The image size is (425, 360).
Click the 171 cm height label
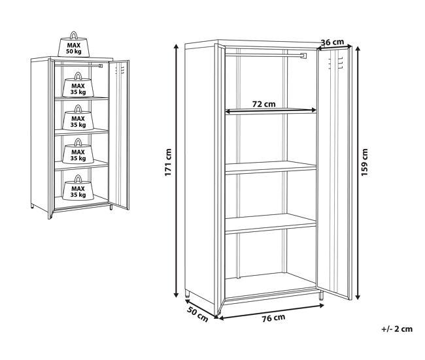(168, 162)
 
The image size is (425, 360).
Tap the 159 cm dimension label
(365, 162)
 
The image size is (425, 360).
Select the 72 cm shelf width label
(263, 104)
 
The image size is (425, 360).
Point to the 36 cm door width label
(332, 42)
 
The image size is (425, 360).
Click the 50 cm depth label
(197, 314)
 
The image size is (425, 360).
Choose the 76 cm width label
(273, 318)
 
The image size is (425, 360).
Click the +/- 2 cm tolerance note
(397, 329)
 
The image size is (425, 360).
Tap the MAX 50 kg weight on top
(74, 45)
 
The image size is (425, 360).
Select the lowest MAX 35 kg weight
(78, 188)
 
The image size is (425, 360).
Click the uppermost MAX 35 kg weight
(78, 85)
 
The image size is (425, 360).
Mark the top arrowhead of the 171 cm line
(176, 46)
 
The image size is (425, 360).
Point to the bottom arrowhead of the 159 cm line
(358, 297)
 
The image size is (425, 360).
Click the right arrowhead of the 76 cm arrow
(322, 306)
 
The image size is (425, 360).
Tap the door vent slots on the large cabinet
(336, 63)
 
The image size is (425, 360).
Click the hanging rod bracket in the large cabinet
(303, 56)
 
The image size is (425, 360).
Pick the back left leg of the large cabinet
(187, 294)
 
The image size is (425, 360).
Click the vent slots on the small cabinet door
(120, 70)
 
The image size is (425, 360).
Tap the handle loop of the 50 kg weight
(74, 35)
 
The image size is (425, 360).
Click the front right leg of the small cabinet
(111, 207)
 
